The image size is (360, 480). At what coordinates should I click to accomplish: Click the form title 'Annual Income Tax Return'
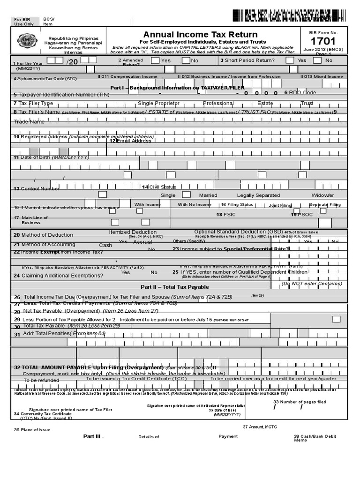click(x=200, y=34)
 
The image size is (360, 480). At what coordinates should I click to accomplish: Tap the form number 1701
click(x=323, y=41)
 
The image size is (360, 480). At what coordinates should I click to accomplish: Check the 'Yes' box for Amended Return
click(x=155, y=60)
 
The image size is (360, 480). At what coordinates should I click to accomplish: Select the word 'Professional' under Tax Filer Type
click(x=217, y=103)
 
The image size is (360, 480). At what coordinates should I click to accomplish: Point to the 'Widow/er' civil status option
click(x=322, y=195)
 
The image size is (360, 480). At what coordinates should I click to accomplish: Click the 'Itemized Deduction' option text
click(x=133, y=232)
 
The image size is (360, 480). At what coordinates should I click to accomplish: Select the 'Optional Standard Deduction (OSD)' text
click(x=239, y=232)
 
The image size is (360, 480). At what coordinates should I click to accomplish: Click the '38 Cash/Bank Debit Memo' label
click(x=315, y=438)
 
